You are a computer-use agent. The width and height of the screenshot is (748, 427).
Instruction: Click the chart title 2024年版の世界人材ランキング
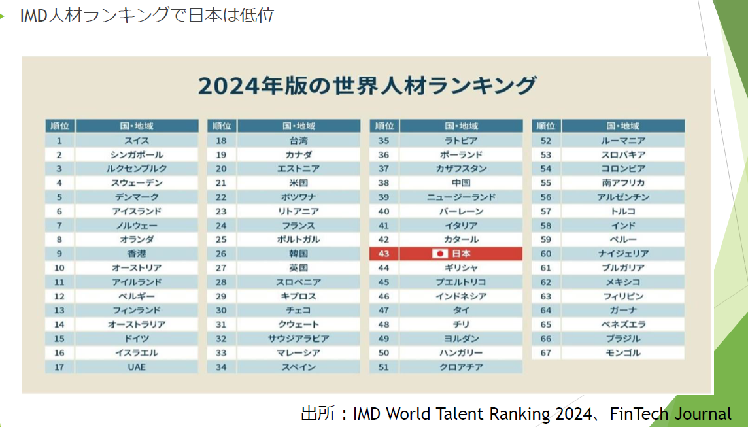coord(367,86)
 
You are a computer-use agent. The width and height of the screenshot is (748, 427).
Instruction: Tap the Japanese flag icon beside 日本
coord(440,254)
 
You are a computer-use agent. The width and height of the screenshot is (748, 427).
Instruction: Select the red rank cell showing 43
coord(384,254)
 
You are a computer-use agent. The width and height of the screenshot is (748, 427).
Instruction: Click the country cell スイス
coord(137,141)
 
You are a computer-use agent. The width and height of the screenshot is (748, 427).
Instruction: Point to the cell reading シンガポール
coord(137,155)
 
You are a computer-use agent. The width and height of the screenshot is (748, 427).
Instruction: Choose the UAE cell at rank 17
coord(137,367)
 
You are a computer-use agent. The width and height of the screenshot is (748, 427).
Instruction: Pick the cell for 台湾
coord(298,141)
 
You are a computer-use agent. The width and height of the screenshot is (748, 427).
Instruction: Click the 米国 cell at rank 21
coord(298,183)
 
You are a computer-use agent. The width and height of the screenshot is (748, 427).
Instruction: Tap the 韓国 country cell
coord(298,254)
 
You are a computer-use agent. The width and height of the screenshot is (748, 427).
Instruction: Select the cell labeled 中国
coord(461,183)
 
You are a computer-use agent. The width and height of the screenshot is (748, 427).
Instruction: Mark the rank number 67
coord(546,353)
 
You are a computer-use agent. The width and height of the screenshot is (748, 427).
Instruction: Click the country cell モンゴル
coord(622,353)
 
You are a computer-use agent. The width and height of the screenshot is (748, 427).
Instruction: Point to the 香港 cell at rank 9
coord(137,254)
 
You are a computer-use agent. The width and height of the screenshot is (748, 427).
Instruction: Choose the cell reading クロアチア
coord(461,367)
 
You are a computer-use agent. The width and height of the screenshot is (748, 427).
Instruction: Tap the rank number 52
coord(546,141)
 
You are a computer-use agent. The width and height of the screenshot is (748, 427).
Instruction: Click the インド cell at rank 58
coord(622,226)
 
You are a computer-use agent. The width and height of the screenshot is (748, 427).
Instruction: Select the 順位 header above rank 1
coord(59,126)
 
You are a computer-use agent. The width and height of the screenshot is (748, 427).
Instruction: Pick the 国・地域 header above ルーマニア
coord(622,126)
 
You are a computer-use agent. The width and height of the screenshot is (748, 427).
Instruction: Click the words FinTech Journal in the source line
coord(671,414)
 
